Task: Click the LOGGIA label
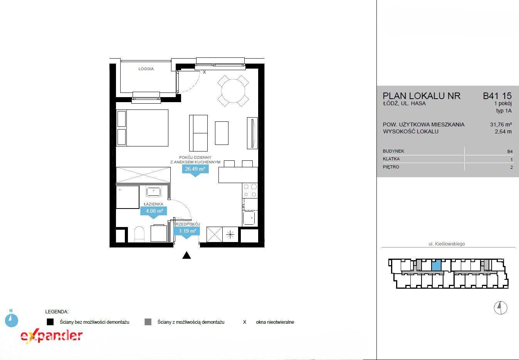(x=146, y=69)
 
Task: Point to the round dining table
(x=233, y=91)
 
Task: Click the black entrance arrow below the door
(x=186, y=255)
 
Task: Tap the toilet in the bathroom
(x=139, y=234)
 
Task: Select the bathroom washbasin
(x=153, y=192)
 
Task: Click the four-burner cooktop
(x=250, y=190)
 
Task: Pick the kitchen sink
(x=249, y=218)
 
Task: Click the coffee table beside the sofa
(x=222, y=133)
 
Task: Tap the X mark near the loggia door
(x=204, y=72)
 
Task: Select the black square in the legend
(x=50, y=322)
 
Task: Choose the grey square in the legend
(x=148, y=322)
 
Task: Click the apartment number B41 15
(x=497, y=96)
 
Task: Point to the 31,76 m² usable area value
(x=501, y=124)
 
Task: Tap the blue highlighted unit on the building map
(x=436, y=265)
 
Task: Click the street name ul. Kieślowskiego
(x=447, y=244)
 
